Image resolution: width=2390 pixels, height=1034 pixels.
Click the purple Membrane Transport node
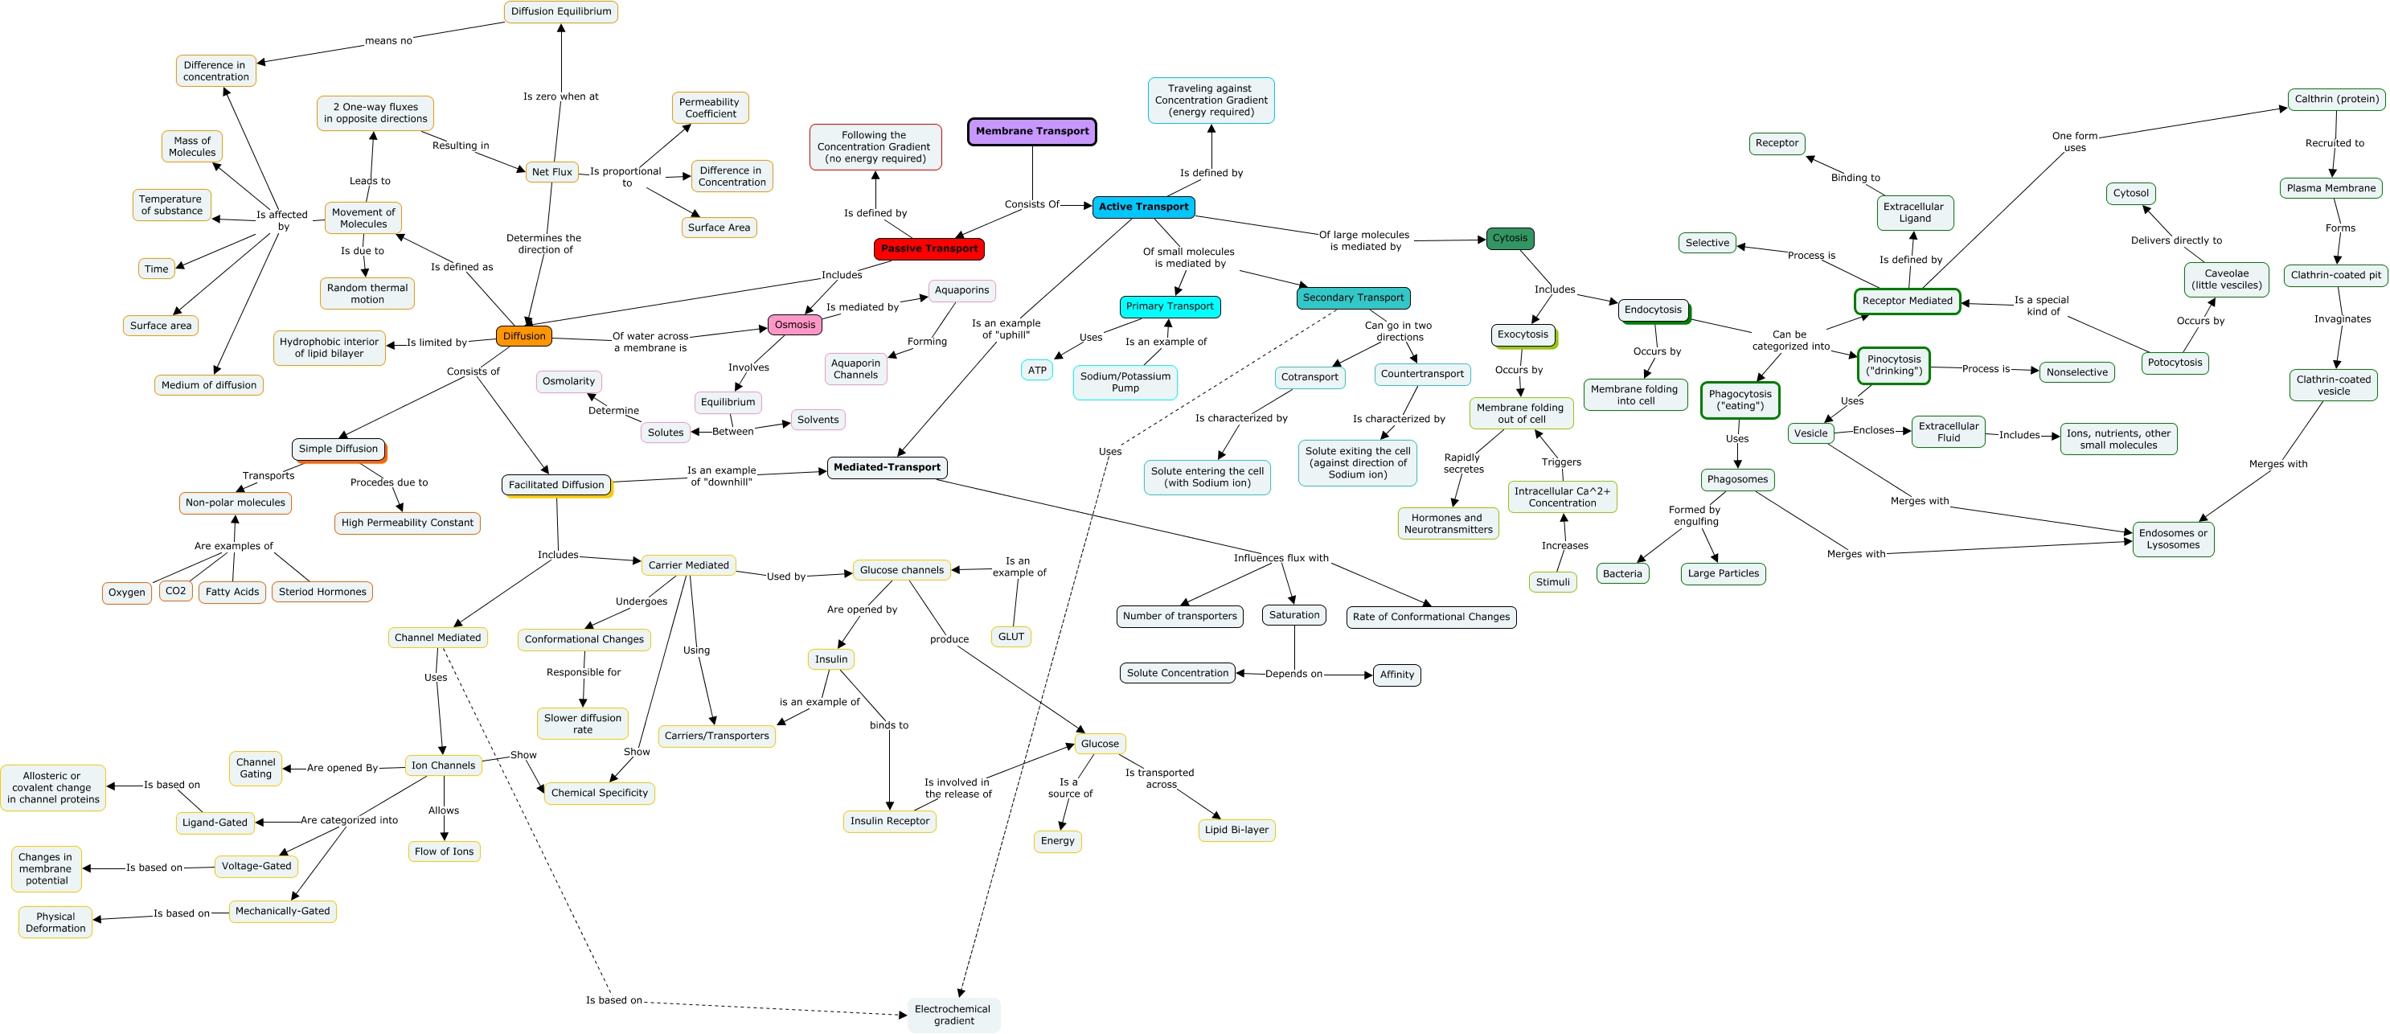click(1031, 132)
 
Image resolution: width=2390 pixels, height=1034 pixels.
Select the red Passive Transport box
click(929, 248)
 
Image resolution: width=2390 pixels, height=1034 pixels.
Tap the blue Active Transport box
click(1143, 207)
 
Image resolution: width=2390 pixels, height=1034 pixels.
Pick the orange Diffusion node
click(524, 336)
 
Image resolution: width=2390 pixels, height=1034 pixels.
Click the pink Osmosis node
click(795, 325)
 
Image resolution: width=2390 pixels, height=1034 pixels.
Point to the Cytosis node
click(1510, 239)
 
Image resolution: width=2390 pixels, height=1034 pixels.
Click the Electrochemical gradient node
click(953, 1015)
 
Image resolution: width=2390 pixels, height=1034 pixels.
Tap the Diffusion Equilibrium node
click(561, 12)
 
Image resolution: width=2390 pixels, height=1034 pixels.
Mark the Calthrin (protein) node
click(2336, 100)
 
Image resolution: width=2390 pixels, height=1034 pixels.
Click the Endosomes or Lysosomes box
click(2173, 540)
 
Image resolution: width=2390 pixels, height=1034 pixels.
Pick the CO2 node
click(175, 591)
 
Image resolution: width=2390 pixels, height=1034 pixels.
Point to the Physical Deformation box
click(55, 922)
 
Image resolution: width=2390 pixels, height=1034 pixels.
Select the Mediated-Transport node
click(887, 468)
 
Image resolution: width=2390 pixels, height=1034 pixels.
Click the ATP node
click(1037, 371)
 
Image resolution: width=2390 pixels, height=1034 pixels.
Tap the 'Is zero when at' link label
click(560, 96)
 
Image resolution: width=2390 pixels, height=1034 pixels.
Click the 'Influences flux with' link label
click(1281, 558)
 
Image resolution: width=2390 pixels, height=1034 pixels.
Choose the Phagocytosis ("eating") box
click(1740, 400)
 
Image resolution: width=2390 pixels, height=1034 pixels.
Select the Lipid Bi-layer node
click(1236, 830)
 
